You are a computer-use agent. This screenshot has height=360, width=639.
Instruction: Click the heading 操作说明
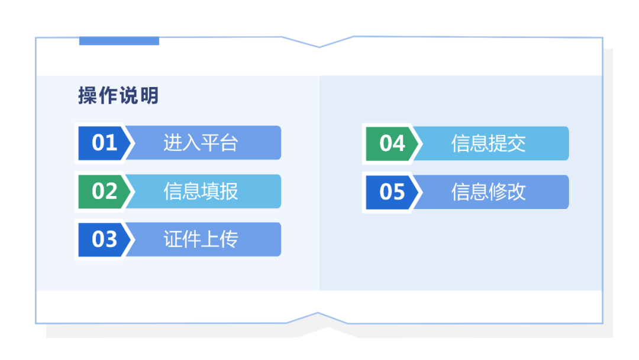[118, 96]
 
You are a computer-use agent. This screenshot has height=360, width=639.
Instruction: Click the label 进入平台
[201, 143]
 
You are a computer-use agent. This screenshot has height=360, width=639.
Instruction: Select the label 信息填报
[201, 191]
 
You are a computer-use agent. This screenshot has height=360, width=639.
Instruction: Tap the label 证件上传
[201, 239]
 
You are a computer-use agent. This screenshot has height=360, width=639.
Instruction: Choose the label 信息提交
[488, 143]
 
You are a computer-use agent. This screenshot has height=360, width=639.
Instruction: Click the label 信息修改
[488, 192]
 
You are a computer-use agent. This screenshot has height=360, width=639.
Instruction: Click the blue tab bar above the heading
[119, 41]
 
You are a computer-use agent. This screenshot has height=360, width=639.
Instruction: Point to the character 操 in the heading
[87, 96]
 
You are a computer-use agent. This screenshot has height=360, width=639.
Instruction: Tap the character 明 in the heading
[149, 96]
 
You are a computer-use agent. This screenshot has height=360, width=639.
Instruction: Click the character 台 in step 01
[228, 143]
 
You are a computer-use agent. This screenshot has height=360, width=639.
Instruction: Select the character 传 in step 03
[228, 239]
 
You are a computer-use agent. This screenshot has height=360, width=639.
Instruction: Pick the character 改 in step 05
[517, 192]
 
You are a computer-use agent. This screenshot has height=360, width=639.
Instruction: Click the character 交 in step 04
[517, 143]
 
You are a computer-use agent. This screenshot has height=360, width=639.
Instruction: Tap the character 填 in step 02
[210, 191]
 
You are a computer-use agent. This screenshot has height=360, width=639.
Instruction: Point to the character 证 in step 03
[172, 239]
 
